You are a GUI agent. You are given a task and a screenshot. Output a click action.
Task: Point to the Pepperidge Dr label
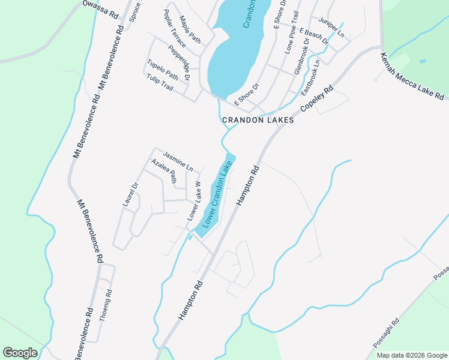click(x=179, y=63)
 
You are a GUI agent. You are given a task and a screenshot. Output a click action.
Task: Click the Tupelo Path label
click(x=163, y=70)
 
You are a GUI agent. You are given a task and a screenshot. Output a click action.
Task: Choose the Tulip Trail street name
click(x=160, y=83)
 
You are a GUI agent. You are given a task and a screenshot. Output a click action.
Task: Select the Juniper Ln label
click(x=332, y=28)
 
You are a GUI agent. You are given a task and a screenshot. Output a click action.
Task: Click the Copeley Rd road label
click(x=317, y=100)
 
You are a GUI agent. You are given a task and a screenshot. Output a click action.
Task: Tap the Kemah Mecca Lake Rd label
click(x=412, y=76)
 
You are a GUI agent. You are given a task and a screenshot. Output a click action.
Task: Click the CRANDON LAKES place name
click(x=258, y=120)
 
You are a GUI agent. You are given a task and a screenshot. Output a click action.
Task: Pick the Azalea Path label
click(x=164, y=171)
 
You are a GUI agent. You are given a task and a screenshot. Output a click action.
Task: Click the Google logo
click(x=20, y=353)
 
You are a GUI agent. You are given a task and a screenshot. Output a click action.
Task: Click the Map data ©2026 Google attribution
click(x=412, y=355)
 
